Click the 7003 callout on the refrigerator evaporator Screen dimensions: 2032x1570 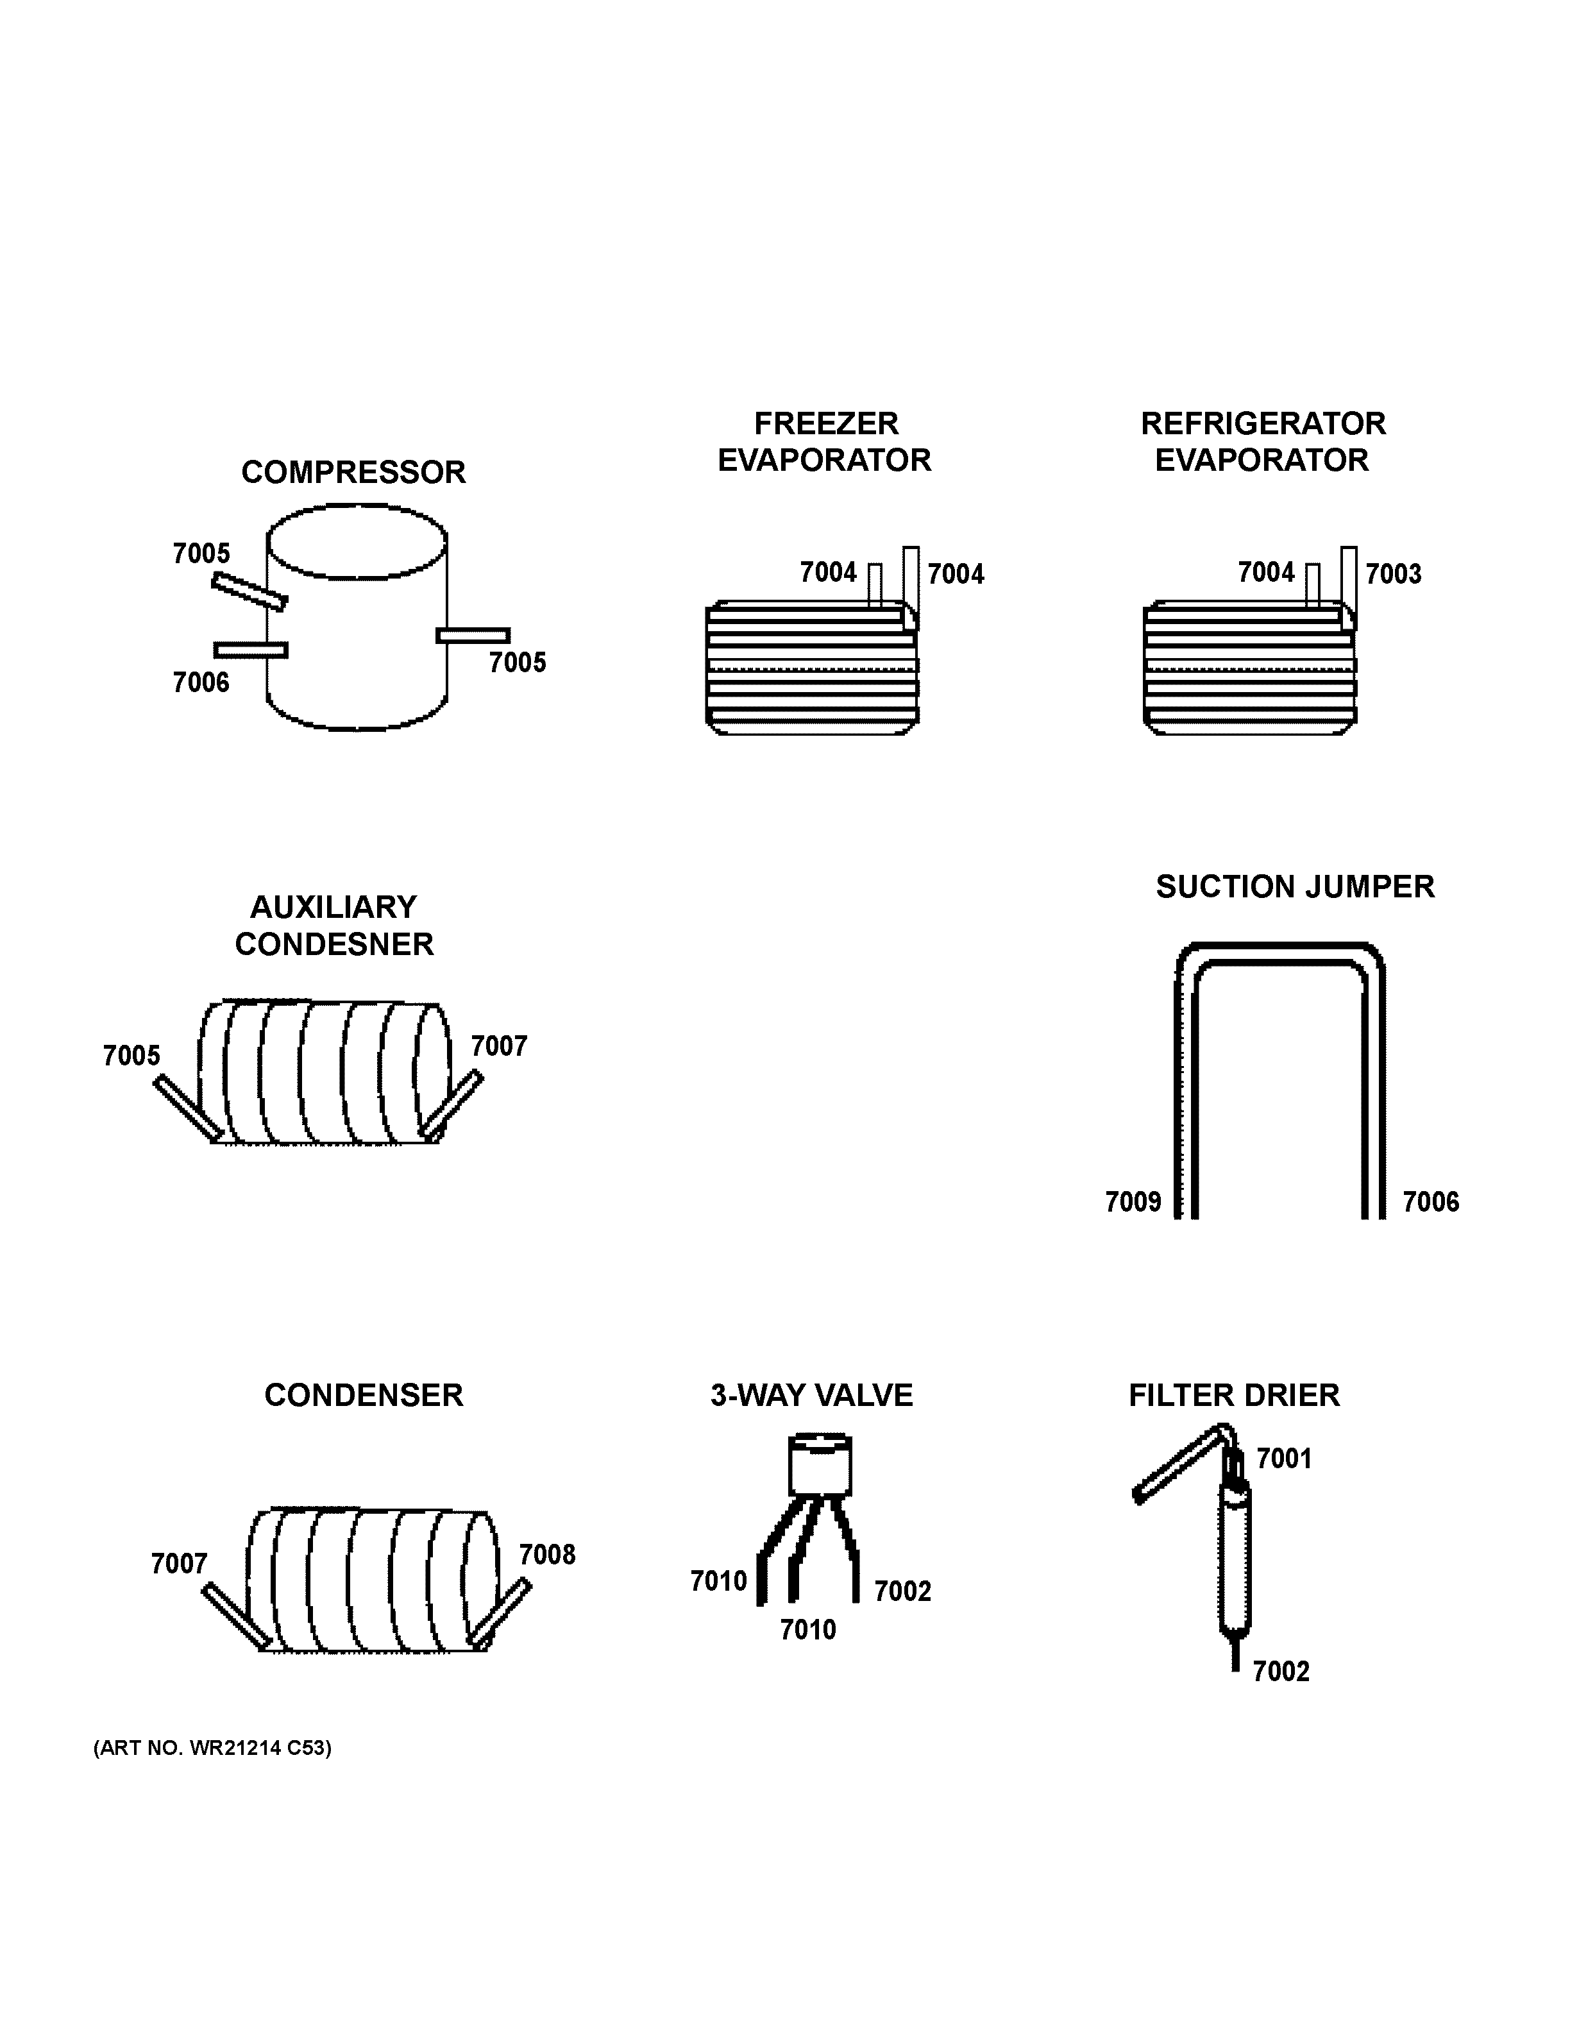1392,573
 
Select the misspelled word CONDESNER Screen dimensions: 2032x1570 334,944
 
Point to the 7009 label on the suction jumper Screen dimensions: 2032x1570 1132,1201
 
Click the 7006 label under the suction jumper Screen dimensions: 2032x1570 1430,1201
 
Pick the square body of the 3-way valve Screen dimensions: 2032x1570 820,1468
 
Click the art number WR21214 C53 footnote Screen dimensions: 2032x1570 212,1747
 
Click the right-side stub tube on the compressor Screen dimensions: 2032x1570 473,636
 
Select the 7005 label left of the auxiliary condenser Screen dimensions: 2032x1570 131,1055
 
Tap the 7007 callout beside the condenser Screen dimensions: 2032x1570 178,1563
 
